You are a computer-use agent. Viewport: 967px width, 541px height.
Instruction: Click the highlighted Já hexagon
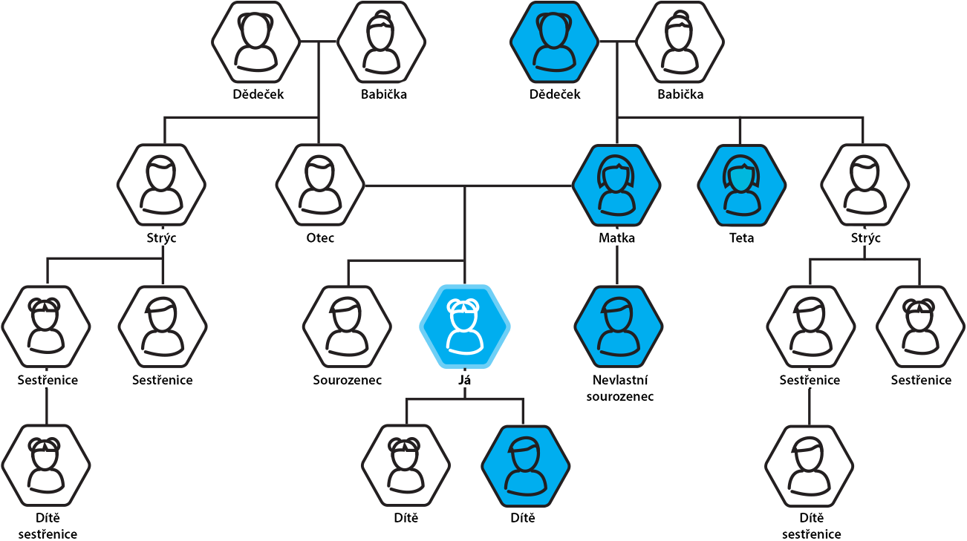[x=465, y=327]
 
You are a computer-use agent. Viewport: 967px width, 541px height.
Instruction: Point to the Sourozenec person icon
[x=347, y=327]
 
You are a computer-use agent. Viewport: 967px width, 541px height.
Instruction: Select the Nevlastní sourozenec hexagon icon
[x=618, y=327]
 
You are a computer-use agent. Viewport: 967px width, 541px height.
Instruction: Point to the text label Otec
[x=320, y=238]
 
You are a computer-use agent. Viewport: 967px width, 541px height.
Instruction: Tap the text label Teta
[x=741, y=238]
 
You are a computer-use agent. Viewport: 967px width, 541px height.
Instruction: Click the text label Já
[x=465, y=380]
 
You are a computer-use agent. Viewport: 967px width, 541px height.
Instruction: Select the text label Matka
[x=616, y=238]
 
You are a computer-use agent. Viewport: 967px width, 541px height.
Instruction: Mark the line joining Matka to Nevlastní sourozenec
[x=617, y=266]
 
